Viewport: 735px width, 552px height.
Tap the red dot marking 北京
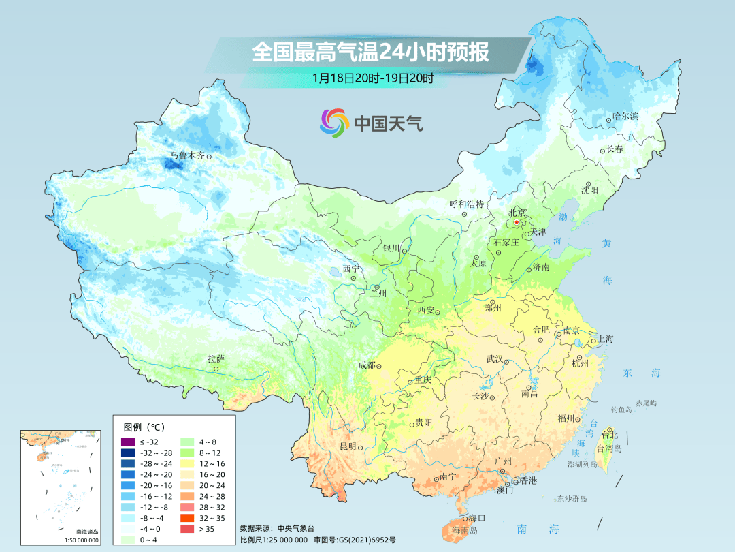coord(517,221)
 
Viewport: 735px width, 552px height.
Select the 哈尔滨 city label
coord(625,117)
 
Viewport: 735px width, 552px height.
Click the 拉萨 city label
coord(216,358)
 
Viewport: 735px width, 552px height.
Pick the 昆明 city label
coord(347,446)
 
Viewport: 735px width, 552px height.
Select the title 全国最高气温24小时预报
coord(370,52)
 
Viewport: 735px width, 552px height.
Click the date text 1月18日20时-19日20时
coord(373,78)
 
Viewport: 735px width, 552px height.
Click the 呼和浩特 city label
coord(466,204)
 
